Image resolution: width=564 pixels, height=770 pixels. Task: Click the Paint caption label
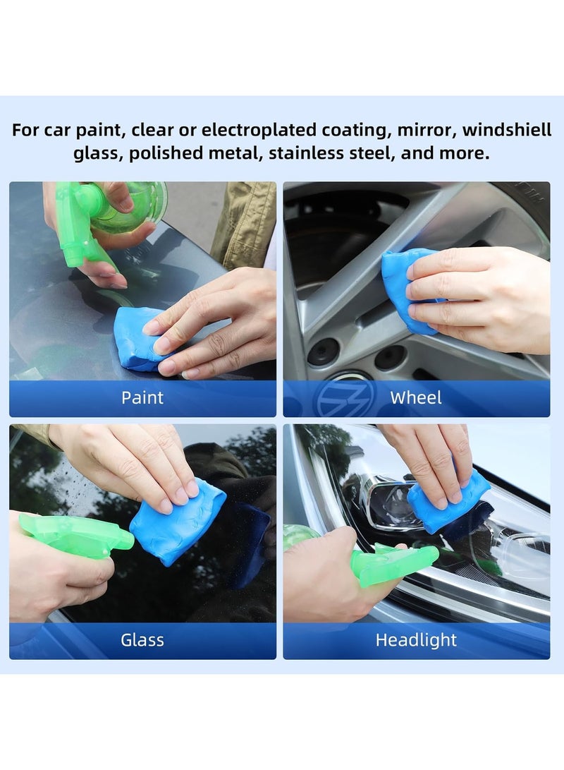coord(142,397)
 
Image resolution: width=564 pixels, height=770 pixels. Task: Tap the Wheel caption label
coord(416,397)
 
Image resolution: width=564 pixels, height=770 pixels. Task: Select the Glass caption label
coord(142,640)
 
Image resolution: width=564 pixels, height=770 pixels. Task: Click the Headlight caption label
coord(416,640)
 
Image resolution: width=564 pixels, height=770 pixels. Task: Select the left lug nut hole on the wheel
coord(324,351)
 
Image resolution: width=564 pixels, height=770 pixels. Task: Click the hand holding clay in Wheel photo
coord(479,296)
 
